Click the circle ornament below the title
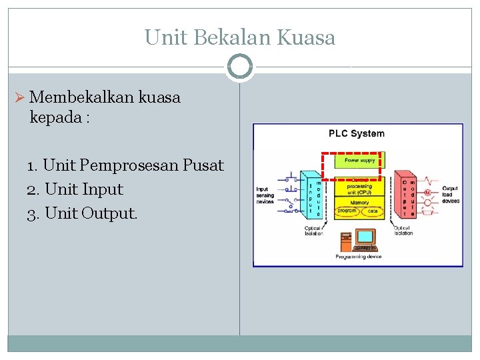[x=239, y=67]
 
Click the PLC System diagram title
[x=357, y=133]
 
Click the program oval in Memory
[x=346, y=211]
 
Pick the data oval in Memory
[x=373, y=211]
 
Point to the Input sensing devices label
[x=265, y=195]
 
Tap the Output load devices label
[x=451, y=195]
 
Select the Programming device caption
[x=358, y=257]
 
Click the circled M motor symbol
[x=427, y=193]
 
